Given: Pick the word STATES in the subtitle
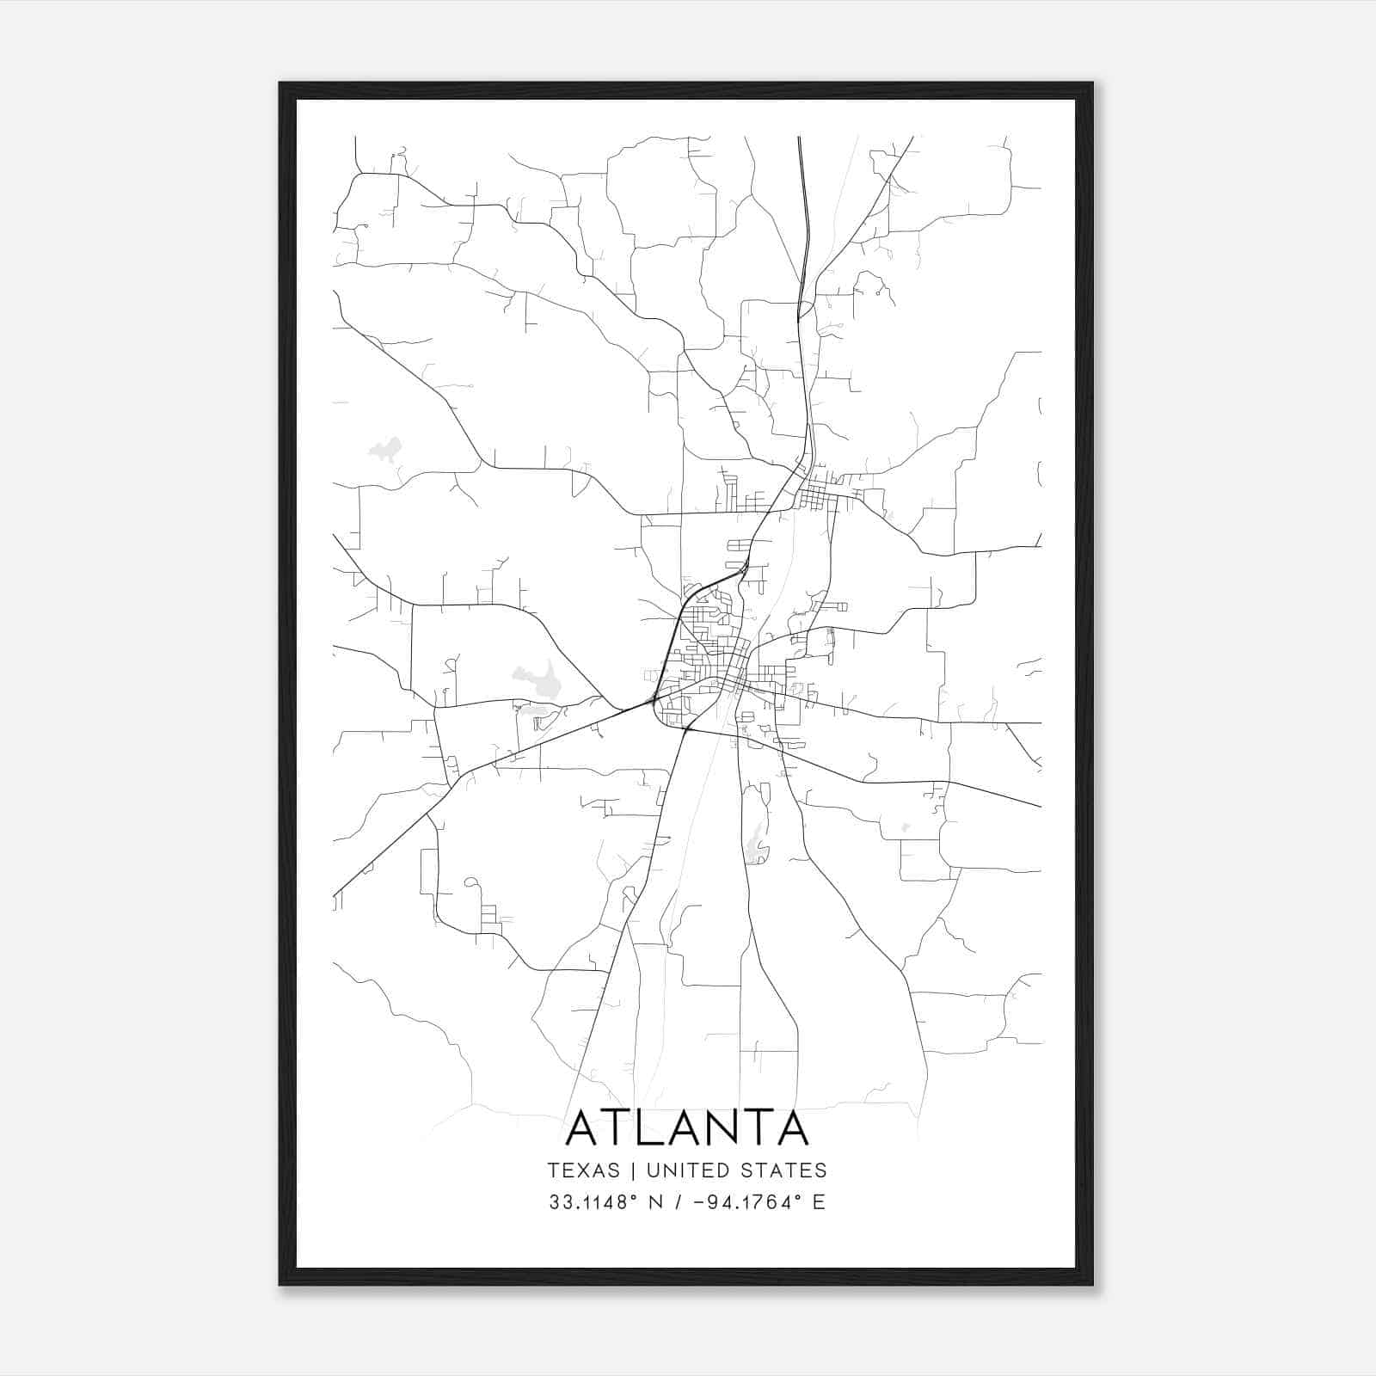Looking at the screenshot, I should click(785, 1170).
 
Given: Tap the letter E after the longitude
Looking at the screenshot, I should click(819, 1202).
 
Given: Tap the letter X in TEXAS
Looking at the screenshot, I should click(583, 1170).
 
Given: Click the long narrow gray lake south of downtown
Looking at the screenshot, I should click(756, 843).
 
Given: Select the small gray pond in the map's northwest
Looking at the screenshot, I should click(385, 449).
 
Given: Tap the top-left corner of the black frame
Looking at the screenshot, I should click(281, 84).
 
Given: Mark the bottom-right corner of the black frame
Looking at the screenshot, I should click(1091, 1283).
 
